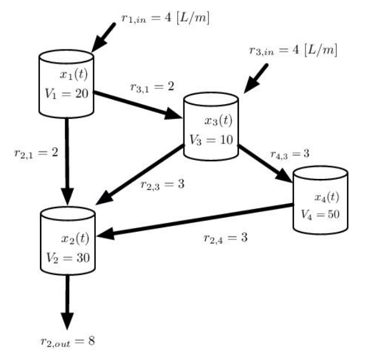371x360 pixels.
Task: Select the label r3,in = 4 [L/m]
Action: [x=292, y=50]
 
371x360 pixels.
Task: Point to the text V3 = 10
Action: [x=212, y=139]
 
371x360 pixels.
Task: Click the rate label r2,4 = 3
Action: [x=225, y=238]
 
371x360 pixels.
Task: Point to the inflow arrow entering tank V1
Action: [x=105, y=37]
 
